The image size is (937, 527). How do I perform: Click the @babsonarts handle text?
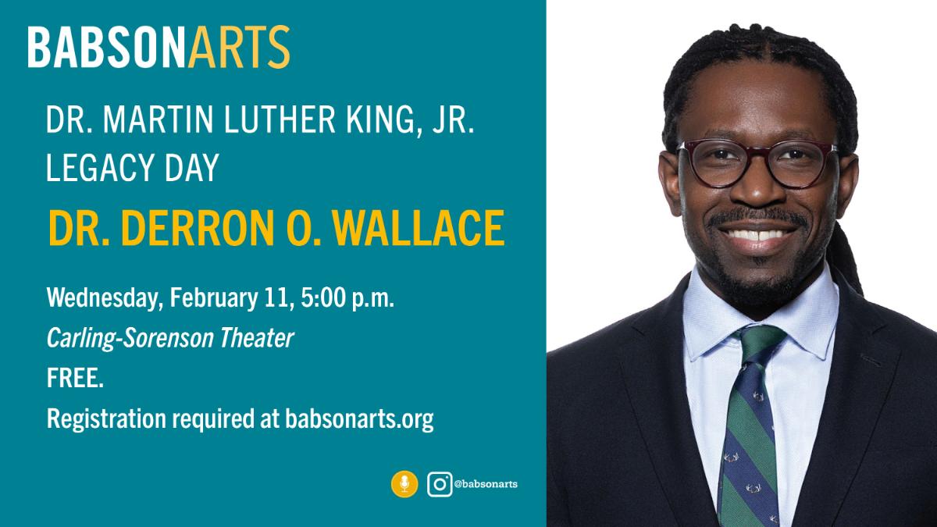[486, 484]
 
